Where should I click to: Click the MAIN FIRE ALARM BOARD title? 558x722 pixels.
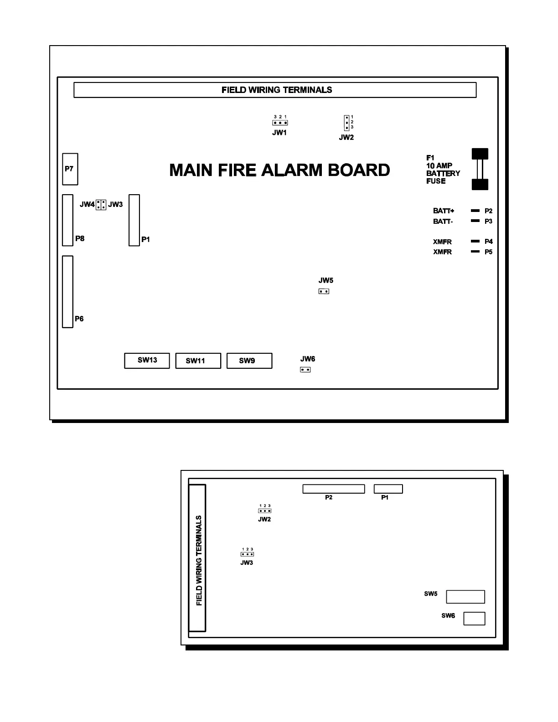pos(279,170)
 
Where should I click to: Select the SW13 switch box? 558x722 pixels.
pos(147,361)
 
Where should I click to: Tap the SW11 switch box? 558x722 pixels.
pos(198,361)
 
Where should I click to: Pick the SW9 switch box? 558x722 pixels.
pos(249,361)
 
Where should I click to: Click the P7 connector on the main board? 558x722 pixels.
pos(70,169)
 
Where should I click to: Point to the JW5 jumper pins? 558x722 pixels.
pos(324,291)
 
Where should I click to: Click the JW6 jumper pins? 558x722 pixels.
pos(305,370)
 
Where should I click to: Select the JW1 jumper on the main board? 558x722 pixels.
pos(280,123)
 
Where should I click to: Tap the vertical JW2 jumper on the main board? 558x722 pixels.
pos(346,123)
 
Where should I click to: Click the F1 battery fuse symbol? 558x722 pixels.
pos(480,169)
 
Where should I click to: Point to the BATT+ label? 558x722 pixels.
pos(443,211)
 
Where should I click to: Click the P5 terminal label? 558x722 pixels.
pos(488,252)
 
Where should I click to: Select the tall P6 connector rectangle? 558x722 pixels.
pos(67,292)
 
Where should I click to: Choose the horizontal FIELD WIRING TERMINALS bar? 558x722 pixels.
pos(275,90)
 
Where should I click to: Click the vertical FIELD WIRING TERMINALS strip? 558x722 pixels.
pos(197,558)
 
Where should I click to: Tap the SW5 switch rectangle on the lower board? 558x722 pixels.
pos(465,597)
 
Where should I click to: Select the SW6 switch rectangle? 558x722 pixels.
pos(474,619)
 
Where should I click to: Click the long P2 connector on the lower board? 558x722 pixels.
pos(334,489)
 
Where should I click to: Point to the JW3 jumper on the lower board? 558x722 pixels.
pos(247,554)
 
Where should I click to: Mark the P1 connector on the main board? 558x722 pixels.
pos(134,220)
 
